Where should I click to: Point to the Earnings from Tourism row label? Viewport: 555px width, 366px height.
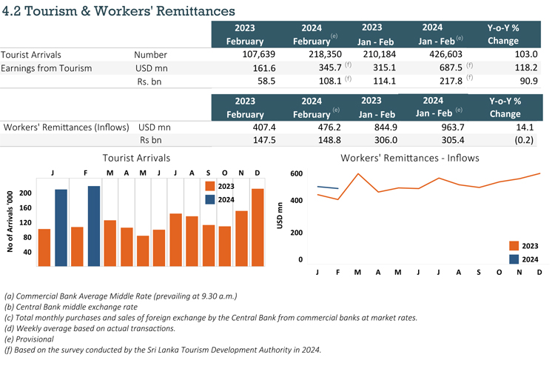pyautogui.click(x=46, y=68)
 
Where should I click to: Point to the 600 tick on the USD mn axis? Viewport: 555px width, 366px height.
pyautogui.click(x=295, y=173)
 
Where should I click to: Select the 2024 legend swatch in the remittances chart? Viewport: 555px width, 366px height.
pyautogui.click(x=515, y=259)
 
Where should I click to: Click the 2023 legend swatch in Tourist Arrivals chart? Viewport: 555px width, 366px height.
pyautogui.click(x=211, y=186)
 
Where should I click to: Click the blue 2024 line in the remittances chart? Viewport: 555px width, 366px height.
pyautogui.click(x=327, y=187)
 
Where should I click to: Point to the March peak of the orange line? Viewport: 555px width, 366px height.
pyautogui.click(x=358, y=174)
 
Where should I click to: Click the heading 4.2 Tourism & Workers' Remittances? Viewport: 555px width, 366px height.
pyautogui.click(x=118, y=11)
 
